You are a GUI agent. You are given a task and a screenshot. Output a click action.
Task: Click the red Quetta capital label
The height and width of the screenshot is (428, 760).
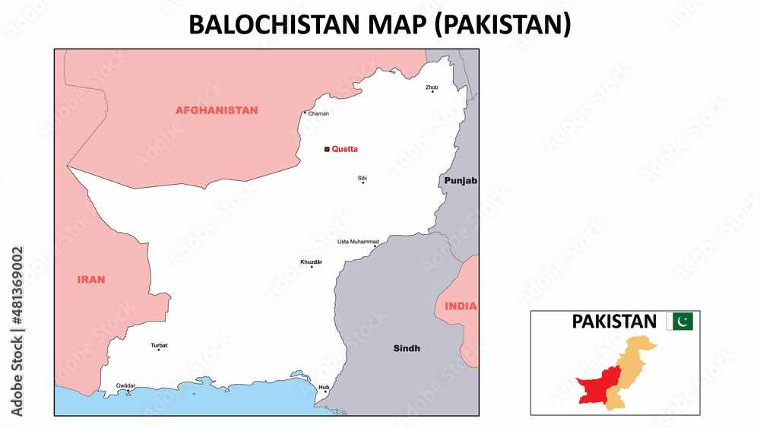[x=344, y=150]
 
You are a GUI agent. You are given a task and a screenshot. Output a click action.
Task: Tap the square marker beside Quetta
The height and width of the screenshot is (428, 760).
[x=327, y=150]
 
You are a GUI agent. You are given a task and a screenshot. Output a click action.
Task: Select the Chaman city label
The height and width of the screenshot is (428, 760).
[x=318, y=114]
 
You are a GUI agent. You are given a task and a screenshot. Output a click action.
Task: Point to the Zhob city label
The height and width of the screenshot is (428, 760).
[x=432, y=87]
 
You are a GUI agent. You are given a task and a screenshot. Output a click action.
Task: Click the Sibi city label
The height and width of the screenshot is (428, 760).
[x=363, y=178]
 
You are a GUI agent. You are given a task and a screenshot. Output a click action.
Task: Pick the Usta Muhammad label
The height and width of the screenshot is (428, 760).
[x=358, y=242]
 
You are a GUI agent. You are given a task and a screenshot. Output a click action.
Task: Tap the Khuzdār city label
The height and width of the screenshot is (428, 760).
[x=312, y=262]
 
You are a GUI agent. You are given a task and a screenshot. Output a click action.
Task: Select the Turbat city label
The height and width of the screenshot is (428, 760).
[x=159, y=345]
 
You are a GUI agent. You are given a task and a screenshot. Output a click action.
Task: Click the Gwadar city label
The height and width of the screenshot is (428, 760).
[x=125, y=385]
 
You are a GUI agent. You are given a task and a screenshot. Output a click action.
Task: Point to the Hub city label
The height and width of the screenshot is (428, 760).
[x=324, y=387]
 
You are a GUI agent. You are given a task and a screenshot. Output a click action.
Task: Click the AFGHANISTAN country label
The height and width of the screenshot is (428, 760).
[x=217, y=110]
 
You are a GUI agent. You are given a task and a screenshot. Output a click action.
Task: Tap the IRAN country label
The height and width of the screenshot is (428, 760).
[x=91, y=280]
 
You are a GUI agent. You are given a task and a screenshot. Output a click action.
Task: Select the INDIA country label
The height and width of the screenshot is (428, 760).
[x=461, y=306]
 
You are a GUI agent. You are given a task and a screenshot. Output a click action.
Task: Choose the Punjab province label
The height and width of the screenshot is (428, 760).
[x=461, y=181]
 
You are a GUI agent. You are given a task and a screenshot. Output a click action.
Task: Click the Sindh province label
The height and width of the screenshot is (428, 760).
[x=407, y=348]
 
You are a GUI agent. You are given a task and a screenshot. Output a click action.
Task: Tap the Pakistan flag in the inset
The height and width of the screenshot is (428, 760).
[x=679, y=322]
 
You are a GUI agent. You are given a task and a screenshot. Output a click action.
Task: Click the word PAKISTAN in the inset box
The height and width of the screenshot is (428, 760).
[x=613, y=322]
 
